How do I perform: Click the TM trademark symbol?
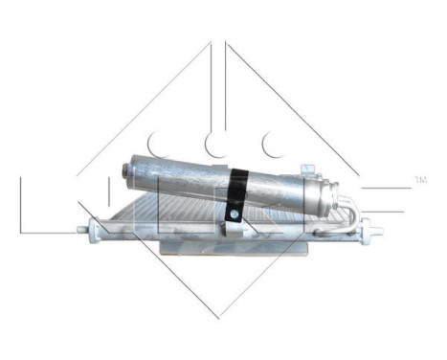point(419,178)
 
